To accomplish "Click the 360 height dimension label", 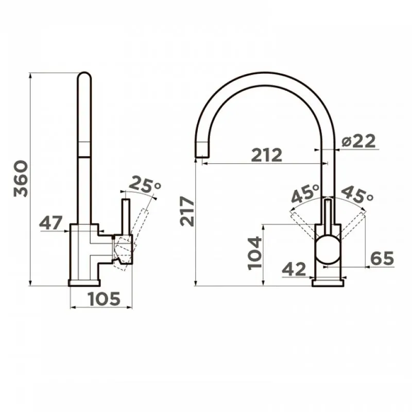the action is pos(21,179).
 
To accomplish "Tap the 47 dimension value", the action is pos(51,222).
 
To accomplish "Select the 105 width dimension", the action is pos(105,299).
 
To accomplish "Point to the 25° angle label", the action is pos(145,184).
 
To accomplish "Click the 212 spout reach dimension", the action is pos(266,155).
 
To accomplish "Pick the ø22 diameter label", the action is pos(358,141).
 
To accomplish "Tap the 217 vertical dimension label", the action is pos(187,211).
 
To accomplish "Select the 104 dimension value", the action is pos(255,253).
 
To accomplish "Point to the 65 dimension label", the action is pos(382,259).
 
